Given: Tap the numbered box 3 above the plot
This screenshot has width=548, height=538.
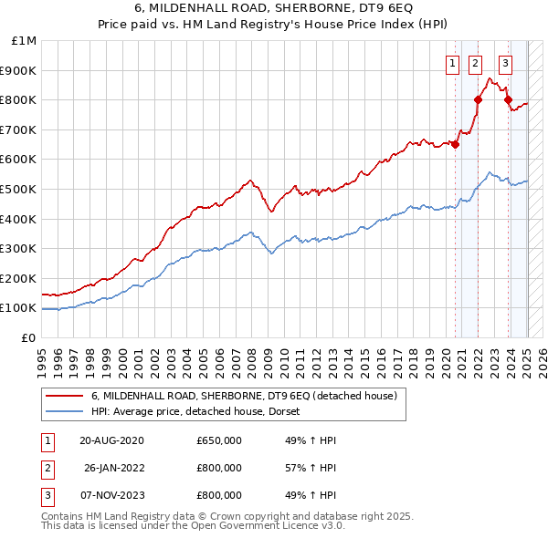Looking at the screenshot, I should [505, 64].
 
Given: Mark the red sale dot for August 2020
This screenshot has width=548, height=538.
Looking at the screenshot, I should [455, 144].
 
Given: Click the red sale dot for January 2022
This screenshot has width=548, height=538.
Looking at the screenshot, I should [478, 99].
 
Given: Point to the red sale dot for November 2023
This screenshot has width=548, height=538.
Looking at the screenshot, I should [508, 99].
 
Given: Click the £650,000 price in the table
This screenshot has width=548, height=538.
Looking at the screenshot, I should [219, 440].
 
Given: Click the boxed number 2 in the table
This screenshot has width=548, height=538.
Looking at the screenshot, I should [45, 468].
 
